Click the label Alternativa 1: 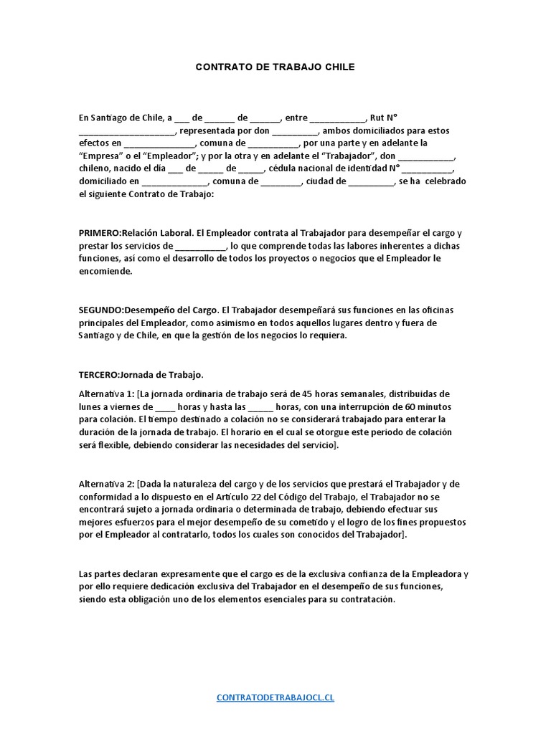107,394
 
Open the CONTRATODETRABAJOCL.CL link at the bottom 275,697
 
